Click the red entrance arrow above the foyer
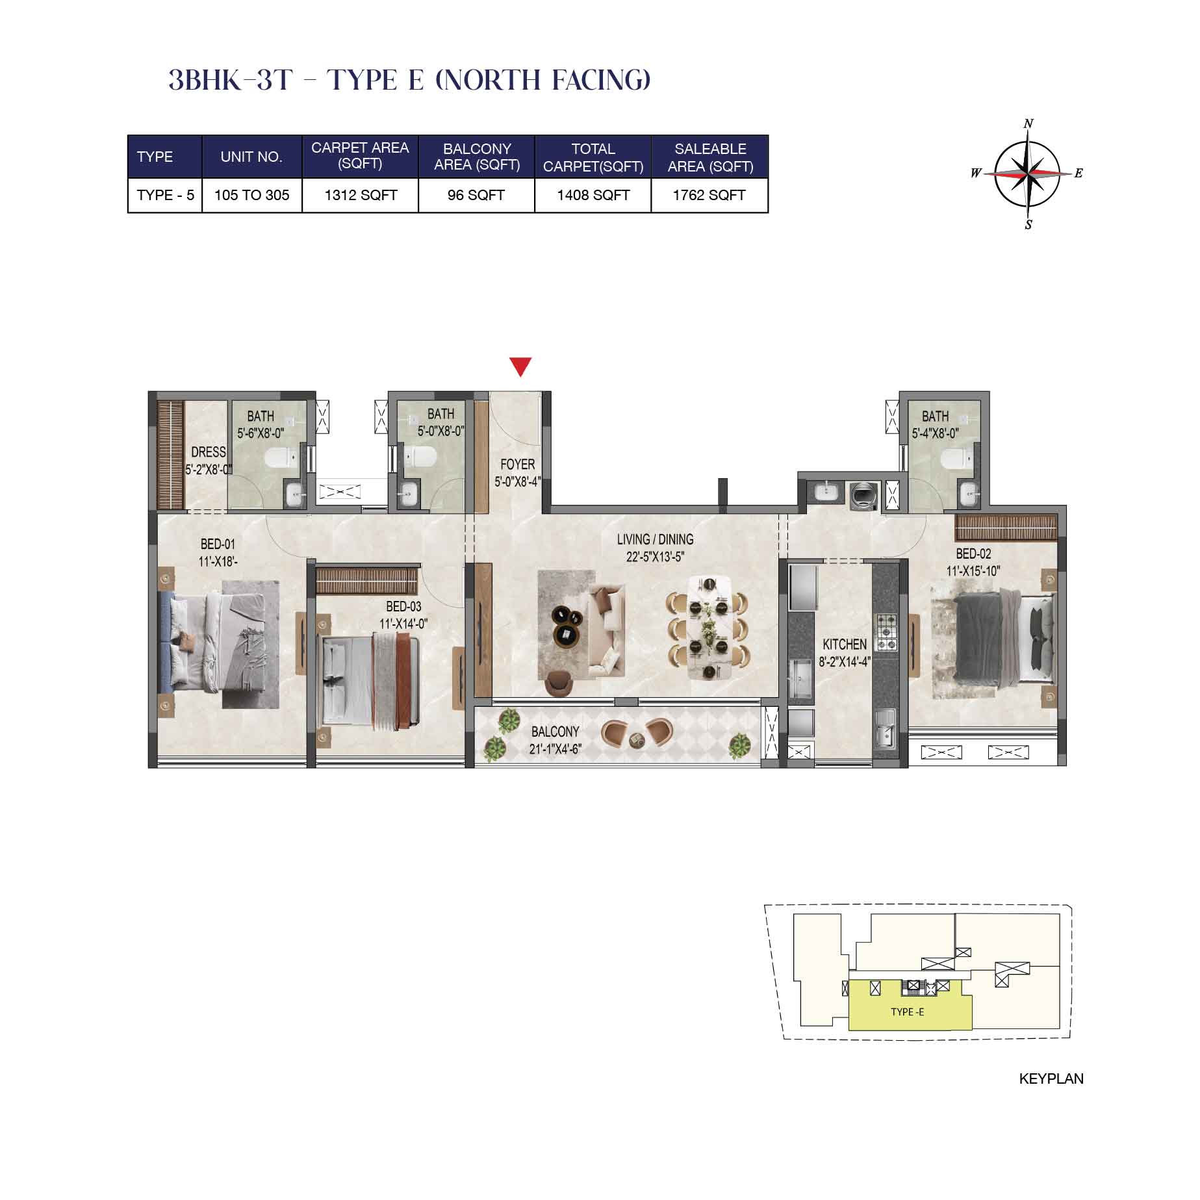pyautogui.click(x=520, y=366)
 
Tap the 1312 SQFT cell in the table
pyautogui.click(x=361, y=195)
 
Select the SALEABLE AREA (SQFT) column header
pyautogui.click(x=710, y=157)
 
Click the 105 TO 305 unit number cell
pyautogui.click(x=251, y=195)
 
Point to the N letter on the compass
pyautogui.click(x=1028, y=123)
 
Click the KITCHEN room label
pyautogui.click(x=845, y=644)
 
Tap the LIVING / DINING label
pyautogui.click(x=655, y=539)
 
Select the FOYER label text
pyautogui.click(x=518, y=465)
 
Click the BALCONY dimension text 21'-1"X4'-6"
pyautogui.click(x=555, y=749)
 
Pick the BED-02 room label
pyautogui.click(x=973, y=554)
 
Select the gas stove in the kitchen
pyautogui.click(x=886, y=632)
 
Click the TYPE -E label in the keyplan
pyautogui.click(x=907, y=1012)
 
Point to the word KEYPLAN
pyautogui.click(x=1051, y=1079)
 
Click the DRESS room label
pyautogui.click(x=209, y=452)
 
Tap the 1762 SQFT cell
pyautogui.click(x=709, y=195)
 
